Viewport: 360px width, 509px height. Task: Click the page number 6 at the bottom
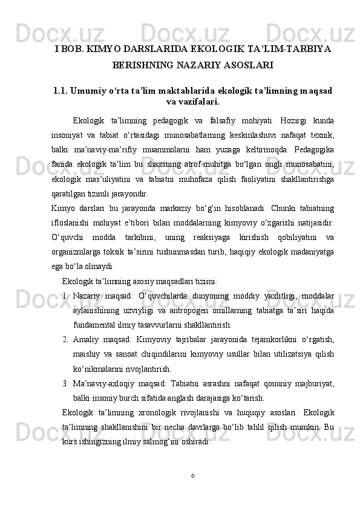192,475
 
